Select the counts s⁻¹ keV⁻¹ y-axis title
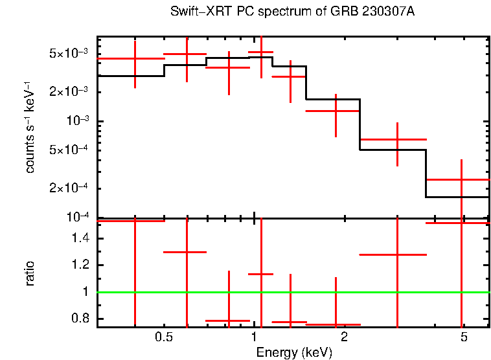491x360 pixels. (x=30, y=126)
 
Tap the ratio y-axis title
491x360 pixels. (x=30, y=274)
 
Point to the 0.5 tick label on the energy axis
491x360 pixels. (x=164, y=338)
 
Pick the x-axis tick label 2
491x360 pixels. (x=344, y=338)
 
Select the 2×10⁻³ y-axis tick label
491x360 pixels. (x=70, y=92)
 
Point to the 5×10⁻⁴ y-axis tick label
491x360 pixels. (x=70, y=150)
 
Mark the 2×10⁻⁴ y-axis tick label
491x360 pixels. (x=70, y=188)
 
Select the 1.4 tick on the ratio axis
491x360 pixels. (x=82, y=239)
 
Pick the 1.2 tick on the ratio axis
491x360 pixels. (x=82, y=265)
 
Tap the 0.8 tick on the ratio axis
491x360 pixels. (x=82, y=319)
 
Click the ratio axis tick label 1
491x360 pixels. (x=87, y=292)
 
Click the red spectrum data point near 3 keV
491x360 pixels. (x=397, y=139)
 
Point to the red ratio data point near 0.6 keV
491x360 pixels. (x=187, y=252)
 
